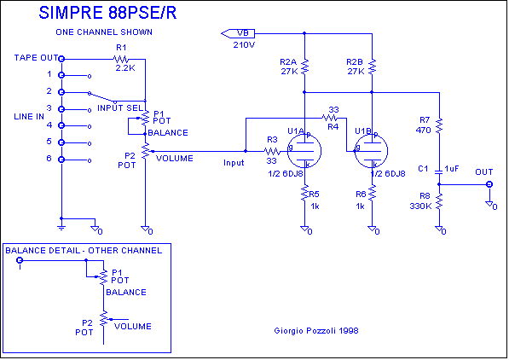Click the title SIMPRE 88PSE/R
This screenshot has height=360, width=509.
[107, 13]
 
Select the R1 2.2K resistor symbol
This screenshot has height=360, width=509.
[121, 59]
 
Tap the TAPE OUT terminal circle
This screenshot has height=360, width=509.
[61, 59]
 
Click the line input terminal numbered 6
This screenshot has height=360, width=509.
[61, 160]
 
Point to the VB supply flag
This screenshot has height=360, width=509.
[238, 33]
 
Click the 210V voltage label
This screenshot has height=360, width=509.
[244, 45]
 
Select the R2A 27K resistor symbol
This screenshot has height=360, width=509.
[304, 67]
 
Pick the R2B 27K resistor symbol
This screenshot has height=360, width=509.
[372, 67]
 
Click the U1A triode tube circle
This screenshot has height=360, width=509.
[304, 151]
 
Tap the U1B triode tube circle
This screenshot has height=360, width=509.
[371, 151]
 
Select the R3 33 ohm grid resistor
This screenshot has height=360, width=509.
[272, 151]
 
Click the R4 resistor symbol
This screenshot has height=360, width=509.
[329, 118]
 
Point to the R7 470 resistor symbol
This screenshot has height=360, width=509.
[439, 125]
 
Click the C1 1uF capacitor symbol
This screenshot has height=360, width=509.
[439, 171]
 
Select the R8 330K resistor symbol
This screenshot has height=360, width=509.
[439, 201]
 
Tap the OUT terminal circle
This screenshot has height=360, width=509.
[489, 184]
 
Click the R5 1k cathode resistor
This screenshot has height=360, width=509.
[304, 193]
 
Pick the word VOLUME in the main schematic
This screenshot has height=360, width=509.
[175, 159]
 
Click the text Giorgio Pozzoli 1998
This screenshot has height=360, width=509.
[316, 331]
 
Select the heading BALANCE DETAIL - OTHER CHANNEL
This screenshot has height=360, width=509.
[84, 251]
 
